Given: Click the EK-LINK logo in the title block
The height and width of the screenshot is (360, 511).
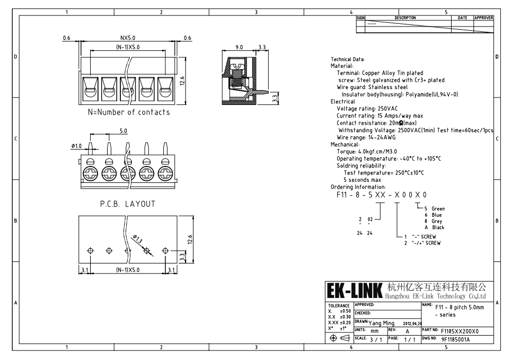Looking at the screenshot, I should pyautogui.click(x=355, y=292).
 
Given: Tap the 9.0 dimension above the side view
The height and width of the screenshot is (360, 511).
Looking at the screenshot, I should pyautogui.click(x=239, y=47).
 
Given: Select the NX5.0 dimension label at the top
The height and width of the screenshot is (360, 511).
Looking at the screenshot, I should pyautogui.click(x=128, y=38).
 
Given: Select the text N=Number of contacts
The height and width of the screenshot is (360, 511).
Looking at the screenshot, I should pyautogui.click(x=129, y=112).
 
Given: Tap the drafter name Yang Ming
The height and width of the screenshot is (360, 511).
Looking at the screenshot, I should pyautogui.click(x=382, y=322).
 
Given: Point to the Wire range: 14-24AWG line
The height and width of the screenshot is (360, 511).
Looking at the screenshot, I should pyautogui.click(x=366, y=137).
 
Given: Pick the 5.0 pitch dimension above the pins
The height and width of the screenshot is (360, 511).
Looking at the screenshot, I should pyautogui.click(x=123, y=130).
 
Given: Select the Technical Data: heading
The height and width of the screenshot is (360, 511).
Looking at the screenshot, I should pyautogui.click(x=347, y=59).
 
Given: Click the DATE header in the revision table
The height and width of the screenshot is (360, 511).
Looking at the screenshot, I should pyautogui.click(x=462, y=17).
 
